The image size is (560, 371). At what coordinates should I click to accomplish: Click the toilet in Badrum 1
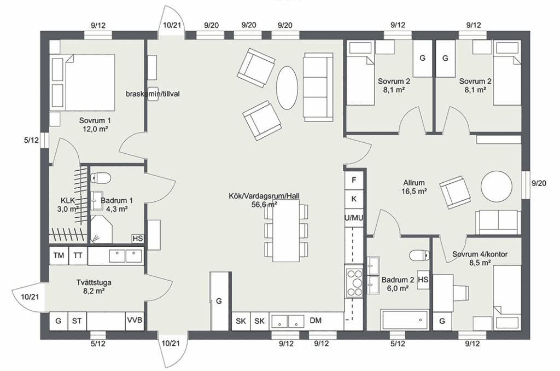(101, 177)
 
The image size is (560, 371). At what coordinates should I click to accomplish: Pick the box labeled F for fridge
(354, 180)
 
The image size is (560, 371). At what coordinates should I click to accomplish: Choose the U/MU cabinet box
(354, 218)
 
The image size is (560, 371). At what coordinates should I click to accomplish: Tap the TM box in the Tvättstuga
(59, 255)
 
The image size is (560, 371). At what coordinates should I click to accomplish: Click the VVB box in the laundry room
(134, 321)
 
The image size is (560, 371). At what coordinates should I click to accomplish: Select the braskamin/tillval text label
(153, 94)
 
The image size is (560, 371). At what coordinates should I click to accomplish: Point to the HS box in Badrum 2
(423, 280)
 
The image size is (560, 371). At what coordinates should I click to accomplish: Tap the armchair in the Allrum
(455, 192)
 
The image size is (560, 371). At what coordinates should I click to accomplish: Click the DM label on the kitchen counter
(316, 321)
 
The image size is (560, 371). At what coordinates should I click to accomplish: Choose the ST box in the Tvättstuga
(77, 321)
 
